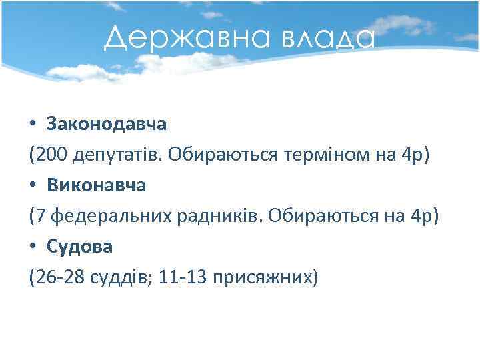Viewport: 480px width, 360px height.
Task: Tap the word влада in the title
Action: pyautogui.click(x=327, y=39)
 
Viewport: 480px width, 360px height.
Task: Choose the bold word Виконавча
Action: pyautogui.click(x=96, y=185)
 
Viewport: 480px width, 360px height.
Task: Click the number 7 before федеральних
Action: pyautogui.click(x=41, y=216)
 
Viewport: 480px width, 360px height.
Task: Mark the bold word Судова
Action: pyautogui.click(x=80, y=247)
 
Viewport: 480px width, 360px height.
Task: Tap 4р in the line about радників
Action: pyautogui.click(x=422, y=216)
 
